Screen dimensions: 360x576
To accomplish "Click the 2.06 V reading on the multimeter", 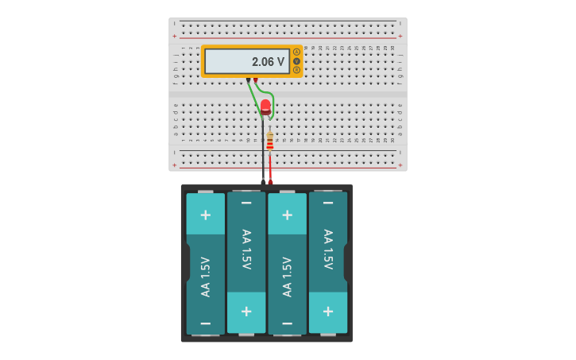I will (268, 61).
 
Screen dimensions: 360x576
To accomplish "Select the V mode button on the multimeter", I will (296, 61).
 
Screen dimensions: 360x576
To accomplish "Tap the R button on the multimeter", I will (296, 70).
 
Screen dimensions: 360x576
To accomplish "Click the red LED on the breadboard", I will (265, 106).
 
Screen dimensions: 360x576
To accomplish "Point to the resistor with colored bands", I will (270, 141).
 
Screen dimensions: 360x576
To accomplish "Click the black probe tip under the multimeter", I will (249, 79).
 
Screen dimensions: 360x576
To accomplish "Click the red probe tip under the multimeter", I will (256, 79).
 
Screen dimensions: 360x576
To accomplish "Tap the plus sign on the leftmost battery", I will (206, 215).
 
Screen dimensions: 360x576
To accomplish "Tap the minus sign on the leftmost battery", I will (206, 323).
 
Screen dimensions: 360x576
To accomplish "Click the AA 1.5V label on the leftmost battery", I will (206, 277).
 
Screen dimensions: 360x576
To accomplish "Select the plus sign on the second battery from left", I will (246, 312).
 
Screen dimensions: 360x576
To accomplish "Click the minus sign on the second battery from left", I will (246, 203).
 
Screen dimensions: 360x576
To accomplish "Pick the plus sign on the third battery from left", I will (288, 215).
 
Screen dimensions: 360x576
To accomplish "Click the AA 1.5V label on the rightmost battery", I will (328, 249).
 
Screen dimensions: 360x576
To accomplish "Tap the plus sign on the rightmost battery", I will (328, 312).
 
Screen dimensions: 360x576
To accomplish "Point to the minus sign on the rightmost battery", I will (328, 203).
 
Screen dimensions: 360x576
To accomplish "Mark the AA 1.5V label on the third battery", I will (288, 277).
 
